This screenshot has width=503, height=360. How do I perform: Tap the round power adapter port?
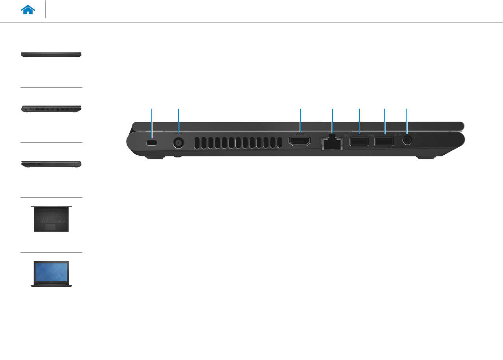point(179,142)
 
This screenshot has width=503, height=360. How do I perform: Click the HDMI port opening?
point(300,141)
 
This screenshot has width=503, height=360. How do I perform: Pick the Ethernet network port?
point(332,143)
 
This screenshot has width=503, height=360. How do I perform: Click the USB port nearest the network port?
point(359,142)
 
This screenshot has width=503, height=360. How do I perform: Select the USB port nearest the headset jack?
point(384,141)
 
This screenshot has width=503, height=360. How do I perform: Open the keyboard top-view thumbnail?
point(51,218)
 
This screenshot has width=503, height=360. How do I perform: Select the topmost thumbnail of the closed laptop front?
point(51,54)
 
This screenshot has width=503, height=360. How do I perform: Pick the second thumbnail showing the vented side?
point(51,109)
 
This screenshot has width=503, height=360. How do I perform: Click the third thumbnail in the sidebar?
point(51,164)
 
